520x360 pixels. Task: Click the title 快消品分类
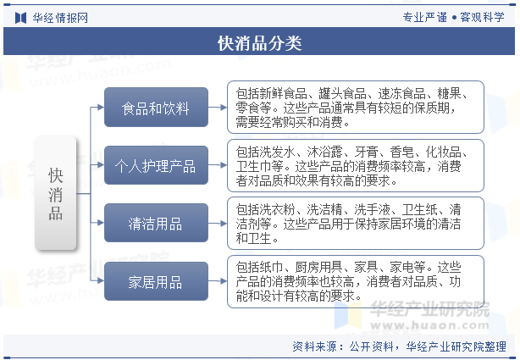click(260, 43)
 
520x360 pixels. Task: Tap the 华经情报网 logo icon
click(20, 18)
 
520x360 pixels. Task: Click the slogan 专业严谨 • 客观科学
click(453, 17)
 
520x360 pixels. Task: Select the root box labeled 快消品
click(56, 193)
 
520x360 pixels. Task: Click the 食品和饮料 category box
click(156, 108)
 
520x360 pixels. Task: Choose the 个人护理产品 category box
click(156, 165)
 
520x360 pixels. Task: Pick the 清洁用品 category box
click(156, 223)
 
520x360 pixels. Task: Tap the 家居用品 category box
click(156, 281)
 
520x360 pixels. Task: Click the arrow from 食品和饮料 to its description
click(218, 108)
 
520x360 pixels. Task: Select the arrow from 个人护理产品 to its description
click(218, 165)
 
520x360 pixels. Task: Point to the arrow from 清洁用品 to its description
click(218, 224)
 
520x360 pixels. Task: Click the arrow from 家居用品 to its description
click(218, 281)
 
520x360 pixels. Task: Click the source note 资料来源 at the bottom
click(399, 346)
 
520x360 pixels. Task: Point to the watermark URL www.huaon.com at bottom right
click(429, 324)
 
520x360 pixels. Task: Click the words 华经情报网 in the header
click(60, 18)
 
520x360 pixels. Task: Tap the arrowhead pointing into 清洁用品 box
click(101, 223)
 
